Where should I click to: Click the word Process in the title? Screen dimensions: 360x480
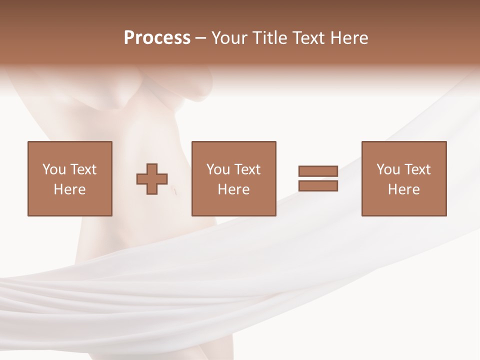pos(157,37)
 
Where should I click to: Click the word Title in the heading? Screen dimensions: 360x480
pos(269,37)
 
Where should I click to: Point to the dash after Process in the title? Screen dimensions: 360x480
pos(200,38)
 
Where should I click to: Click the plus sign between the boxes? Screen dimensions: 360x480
pos(152,178)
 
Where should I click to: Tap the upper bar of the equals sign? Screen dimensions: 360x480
pos(318,171)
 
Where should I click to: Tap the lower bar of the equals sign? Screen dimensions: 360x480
pos(318,186)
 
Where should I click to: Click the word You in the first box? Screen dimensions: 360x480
pos(54,169)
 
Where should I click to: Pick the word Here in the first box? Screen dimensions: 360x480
pos(69,189)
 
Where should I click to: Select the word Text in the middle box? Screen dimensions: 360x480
pos(247,169)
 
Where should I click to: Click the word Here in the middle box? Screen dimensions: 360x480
pos(233,189)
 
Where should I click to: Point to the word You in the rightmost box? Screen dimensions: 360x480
pos(388,169)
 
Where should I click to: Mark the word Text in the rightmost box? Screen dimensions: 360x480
pos(417,169)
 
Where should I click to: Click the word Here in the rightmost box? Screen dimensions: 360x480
pos(403,189)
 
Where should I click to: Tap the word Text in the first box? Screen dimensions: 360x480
pos(83,169)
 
